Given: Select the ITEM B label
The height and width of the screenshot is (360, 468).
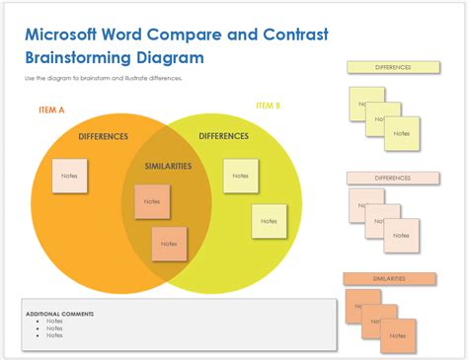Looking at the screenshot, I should pos(268,106).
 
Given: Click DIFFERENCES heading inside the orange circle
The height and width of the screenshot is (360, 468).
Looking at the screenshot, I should pos(102,136).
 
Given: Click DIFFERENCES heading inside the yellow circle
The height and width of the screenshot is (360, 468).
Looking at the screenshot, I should pos(223,136).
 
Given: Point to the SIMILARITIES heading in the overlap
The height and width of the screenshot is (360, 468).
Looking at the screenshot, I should pos(168,167).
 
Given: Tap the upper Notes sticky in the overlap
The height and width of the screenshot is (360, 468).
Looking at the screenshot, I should pos(151,201).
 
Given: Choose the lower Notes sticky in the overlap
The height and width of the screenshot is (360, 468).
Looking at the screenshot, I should pos(169,243).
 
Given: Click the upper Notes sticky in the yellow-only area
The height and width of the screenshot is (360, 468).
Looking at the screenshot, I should pos(240,176).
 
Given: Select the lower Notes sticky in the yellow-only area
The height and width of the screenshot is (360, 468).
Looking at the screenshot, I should pos(269,221).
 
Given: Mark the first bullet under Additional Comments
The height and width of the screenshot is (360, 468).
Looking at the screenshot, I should pos(53,321).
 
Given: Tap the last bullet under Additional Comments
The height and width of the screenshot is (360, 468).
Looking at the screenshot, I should pos(53,335).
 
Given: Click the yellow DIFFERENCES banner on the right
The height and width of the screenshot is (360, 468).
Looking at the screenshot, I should pos(393,67).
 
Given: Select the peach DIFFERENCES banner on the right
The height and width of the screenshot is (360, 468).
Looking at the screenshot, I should pos(393,178).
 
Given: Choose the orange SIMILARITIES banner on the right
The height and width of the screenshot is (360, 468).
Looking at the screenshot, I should pos(389,278).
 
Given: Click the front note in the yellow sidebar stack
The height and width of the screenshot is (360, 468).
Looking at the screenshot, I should pos(402,133).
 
